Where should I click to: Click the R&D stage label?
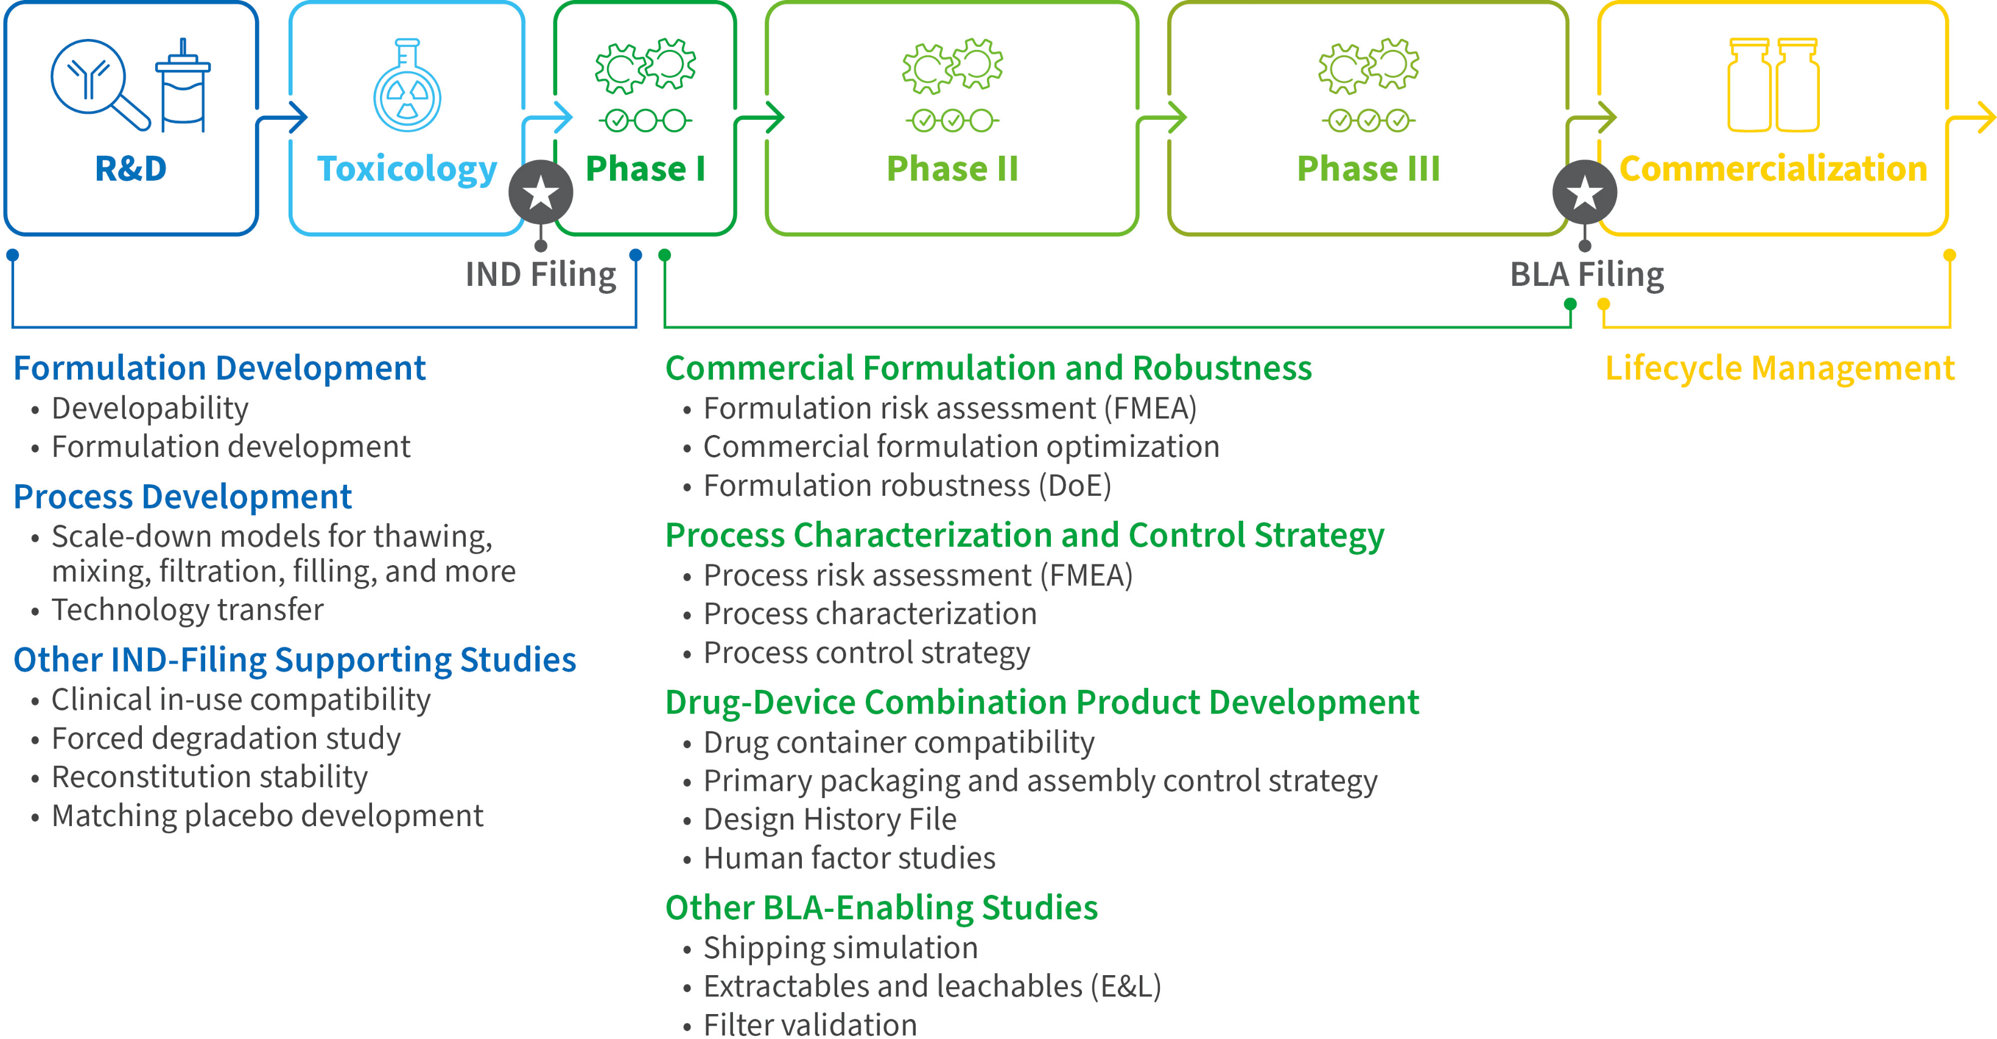130,169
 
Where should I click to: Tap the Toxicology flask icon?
407,87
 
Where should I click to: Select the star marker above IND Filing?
541,193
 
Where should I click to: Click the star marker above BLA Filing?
1585,193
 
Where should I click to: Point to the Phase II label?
952,169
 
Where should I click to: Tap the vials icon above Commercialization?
1773,85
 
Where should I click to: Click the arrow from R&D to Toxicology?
284,119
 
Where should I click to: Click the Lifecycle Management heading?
1779,368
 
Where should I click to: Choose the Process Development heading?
183,496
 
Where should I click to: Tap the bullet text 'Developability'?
150,408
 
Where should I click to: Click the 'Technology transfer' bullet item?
188,610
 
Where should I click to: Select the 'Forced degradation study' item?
226,738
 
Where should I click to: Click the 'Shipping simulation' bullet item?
840,948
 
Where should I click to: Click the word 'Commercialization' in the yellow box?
1773,169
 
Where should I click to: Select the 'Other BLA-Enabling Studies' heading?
882,907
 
